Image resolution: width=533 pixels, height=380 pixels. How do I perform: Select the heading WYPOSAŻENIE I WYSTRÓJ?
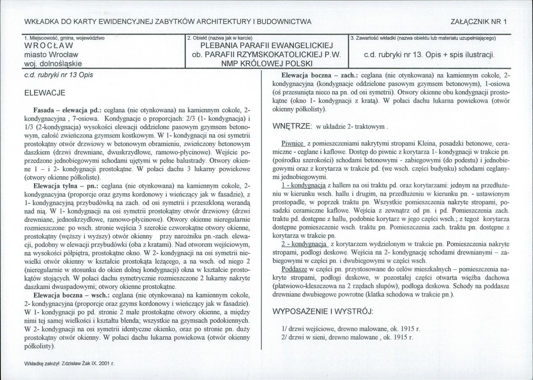pos(323,311)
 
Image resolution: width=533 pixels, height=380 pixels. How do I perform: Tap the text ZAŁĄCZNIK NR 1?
pos(479,21)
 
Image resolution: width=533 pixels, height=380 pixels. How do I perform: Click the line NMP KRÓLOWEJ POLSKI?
pos(267,63)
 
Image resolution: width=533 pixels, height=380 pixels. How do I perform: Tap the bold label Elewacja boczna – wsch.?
pos(72,295)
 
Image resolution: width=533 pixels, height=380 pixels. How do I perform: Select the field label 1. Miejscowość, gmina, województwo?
pos(65,38)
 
